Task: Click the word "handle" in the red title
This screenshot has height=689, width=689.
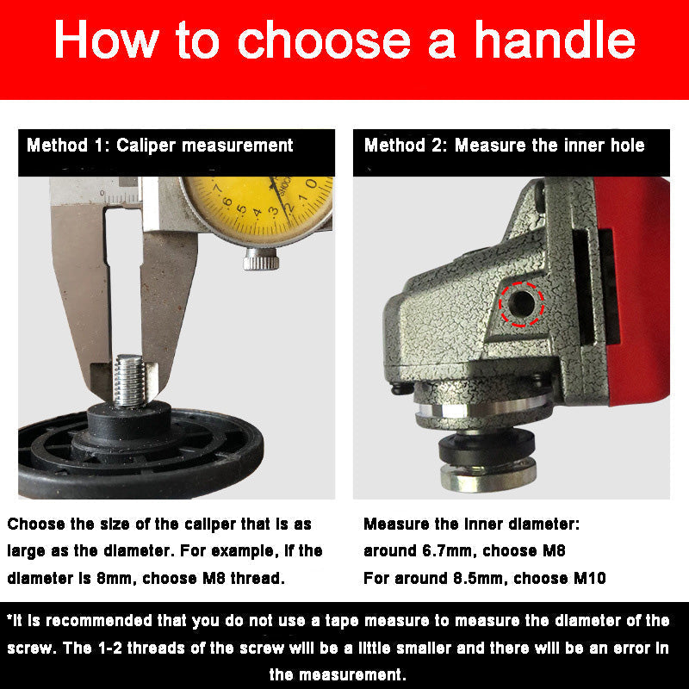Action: [x=555, y=40]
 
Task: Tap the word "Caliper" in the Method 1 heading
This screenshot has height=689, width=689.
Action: [x=146, y=146]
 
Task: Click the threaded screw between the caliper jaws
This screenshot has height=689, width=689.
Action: [x=129, y=381]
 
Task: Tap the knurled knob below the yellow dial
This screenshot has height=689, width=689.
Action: [x=261, y=259]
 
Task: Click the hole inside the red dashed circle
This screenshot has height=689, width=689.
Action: [x=522, y=304]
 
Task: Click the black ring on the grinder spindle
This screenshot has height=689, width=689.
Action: [x=487, y=447]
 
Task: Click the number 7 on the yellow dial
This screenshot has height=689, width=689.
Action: [x=218, y=188]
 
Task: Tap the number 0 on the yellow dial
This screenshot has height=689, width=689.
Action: [x=311, y=183]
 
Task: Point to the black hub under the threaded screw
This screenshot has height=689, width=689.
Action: [x=128, y=423]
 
